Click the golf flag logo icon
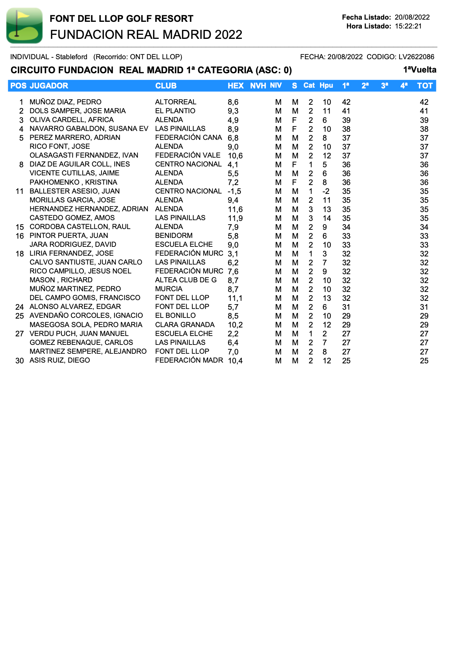[24, 26]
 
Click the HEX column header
[236, 86]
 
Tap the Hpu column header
[326, 85]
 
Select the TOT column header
[424, 86]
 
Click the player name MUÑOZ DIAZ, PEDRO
[66, 102]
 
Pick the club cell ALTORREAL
[176, 102]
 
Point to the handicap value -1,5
[234, 191]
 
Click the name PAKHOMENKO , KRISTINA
[73, 182]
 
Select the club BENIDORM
[174, 235]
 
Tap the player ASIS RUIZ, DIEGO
[60, 360]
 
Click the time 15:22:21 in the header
[408, 26]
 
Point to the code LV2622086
[416, 57]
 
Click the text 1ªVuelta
[420, 70]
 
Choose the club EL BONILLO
[175, 315]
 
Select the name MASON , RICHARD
[61, 280]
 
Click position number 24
[20, 307]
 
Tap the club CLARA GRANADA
[185, 324]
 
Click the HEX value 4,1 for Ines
[233, 164]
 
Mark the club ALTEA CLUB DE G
[186, 280]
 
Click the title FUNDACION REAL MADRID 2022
[146, 34]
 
